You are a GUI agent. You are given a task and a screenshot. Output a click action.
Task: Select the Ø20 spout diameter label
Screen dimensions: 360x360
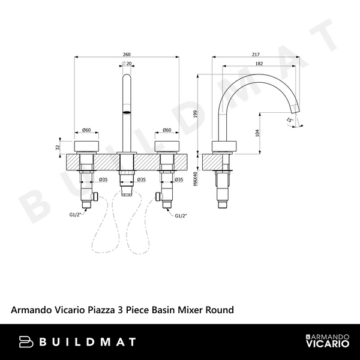click(127, 64)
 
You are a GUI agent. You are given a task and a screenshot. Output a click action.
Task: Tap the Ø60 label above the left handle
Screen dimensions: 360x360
click(86, 130)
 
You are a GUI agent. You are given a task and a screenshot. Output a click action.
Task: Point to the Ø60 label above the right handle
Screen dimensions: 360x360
click(167, 130)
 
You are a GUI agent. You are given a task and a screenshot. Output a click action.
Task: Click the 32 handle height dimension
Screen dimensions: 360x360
click(58, 146)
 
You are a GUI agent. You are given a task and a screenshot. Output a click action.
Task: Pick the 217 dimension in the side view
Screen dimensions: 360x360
click(257, 52)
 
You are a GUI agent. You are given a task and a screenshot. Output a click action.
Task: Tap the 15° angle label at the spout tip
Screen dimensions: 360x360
click(290, 121)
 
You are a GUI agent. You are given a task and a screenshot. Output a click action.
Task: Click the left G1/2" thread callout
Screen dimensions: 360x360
click(74, 214)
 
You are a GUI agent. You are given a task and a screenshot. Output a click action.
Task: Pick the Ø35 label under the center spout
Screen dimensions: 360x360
click(141, 179)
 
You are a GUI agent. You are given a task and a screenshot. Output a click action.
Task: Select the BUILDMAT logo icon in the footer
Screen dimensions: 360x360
click(26, 342)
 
